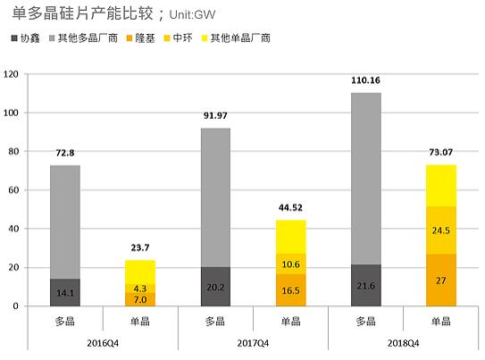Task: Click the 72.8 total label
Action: point(64,153)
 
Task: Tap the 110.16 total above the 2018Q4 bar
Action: point(366,80)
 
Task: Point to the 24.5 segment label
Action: point(440,230)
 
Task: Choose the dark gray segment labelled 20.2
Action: point(215,287)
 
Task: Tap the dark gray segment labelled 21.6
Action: point(366,285)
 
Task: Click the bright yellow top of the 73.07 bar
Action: point(440,186)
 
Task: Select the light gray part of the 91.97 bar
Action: point(215,197)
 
